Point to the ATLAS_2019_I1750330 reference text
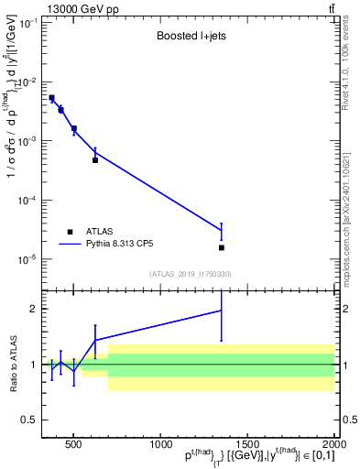tap(191, 274)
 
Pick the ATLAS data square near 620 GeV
tap(95, 160)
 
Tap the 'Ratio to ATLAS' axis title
tap(12, 365)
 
